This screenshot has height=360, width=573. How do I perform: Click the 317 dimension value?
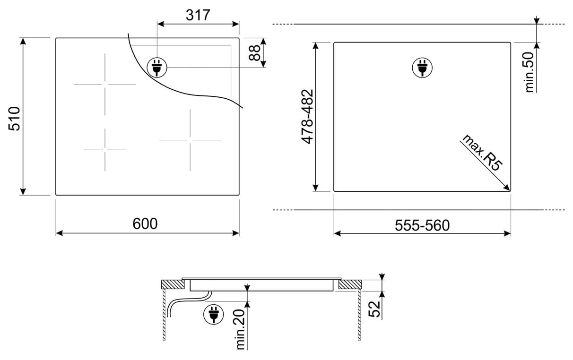(x=198, y=15)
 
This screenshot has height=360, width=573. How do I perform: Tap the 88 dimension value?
(x=254, y=53)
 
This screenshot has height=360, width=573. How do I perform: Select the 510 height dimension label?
(x=14, y=119)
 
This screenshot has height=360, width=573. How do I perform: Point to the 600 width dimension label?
(x=145, y=224)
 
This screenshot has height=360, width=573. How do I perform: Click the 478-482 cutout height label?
(x=307, y=117)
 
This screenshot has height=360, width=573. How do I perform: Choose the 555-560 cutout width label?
(x=422, y=225)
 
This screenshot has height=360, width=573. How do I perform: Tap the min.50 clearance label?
(x=529, y=72)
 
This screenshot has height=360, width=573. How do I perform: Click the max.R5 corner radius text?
(x=482, y=153)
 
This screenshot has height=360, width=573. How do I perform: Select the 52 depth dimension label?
(x=374, y=309)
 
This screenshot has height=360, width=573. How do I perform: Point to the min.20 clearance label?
(x=240, y=329)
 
